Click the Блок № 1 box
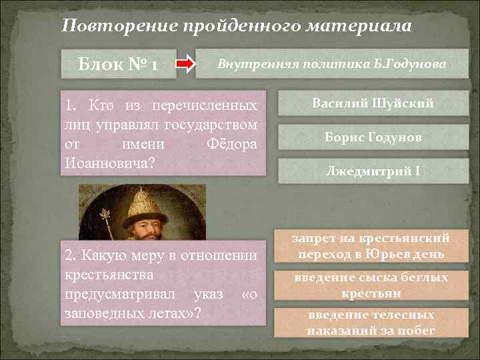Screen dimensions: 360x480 118,65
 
